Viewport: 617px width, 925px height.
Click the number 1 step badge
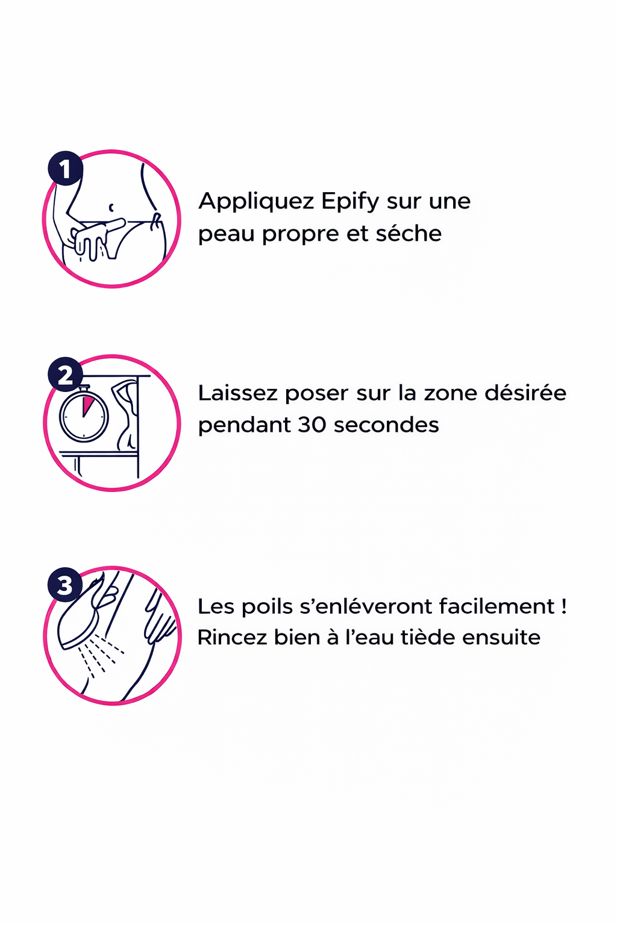pos(65,169)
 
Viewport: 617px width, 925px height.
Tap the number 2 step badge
pos(65,375)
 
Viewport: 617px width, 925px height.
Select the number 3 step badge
pos(65,585)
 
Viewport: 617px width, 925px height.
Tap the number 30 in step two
pos(312,425)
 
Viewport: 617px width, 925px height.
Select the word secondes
pos(386,425)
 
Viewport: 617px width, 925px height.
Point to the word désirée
pos(525,393)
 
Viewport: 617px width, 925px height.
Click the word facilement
pos(496,606)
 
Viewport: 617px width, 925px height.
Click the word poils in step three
pos(267,606)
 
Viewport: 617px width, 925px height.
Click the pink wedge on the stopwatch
pos(87,405)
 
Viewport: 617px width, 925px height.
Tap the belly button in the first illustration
pos(111,207)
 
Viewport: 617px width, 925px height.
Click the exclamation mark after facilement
pos(564,606)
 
